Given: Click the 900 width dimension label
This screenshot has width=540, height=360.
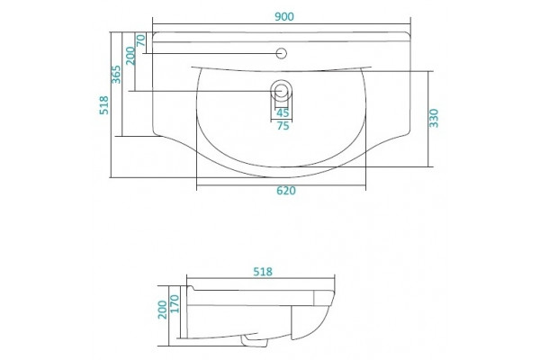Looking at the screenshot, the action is click(284, 16).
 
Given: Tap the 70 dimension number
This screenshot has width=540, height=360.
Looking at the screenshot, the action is click(141, 40).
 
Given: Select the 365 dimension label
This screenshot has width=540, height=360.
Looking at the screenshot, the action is click(116, 75).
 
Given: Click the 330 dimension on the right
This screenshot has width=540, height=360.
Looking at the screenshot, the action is click(434, 118).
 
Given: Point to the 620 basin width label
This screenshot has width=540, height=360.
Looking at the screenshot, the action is click(286, 191).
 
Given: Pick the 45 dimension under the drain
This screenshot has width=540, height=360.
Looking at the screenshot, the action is click(283, 112).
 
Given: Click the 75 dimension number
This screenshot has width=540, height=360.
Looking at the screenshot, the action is click(283, 126).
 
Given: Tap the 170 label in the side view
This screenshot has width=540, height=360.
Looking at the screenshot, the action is click(175, 303).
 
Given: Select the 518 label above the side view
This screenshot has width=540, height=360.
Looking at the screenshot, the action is click(263, 272).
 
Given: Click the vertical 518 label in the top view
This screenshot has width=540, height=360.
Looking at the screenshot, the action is click(103, 105).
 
